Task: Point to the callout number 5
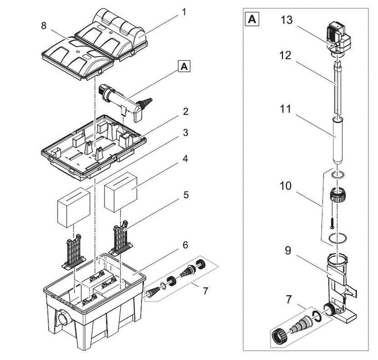tap(186, 195)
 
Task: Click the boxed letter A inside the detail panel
tap(252, 20)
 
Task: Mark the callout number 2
tap(185, 112)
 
